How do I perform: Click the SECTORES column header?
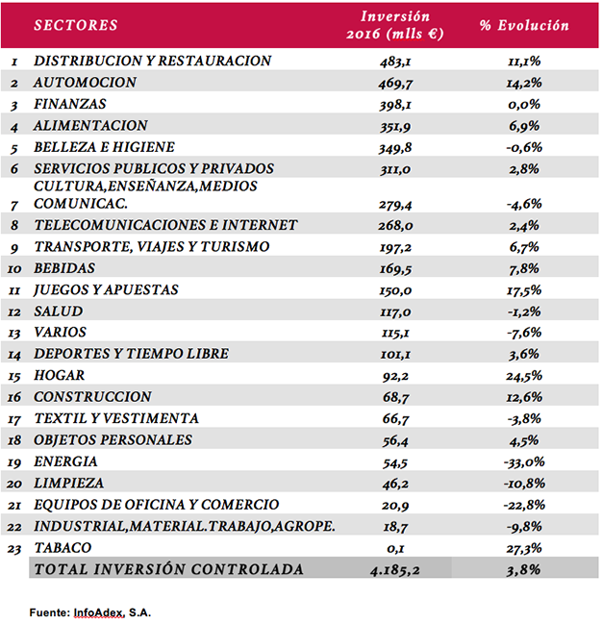pos(76,25)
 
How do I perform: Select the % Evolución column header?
pos(524,25)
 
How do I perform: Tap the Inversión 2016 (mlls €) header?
pos(395,25)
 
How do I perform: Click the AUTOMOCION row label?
pos(85,83)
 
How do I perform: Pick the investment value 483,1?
pos(395,62)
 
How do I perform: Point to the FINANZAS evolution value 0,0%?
pos(524,104)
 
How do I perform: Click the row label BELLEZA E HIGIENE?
pos(104,147)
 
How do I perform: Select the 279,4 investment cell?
pos(395,205)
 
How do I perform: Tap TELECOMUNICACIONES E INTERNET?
pos(165,225)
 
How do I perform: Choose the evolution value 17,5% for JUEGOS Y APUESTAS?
pos(524,290)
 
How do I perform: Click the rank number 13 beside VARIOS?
pos(13,333)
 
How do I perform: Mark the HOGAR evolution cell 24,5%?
pos(524,376)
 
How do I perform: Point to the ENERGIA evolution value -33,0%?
pos(524,462)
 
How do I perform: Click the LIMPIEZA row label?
pos(68,484)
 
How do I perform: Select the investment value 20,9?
pos(395,506)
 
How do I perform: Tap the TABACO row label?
pos(63,548)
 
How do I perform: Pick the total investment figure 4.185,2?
pos(395,570)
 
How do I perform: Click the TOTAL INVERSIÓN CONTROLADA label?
pos(169,569)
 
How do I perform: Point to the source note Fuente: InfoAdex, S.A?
pos(90,612)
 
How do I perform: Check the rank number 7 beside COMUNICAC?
pos(14,206)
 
